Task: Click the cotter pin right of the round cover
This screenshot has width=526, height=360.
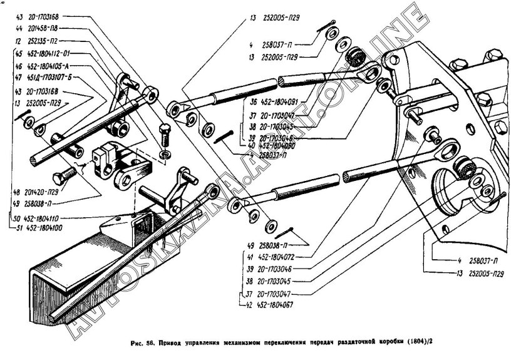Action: pos(501,196)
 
